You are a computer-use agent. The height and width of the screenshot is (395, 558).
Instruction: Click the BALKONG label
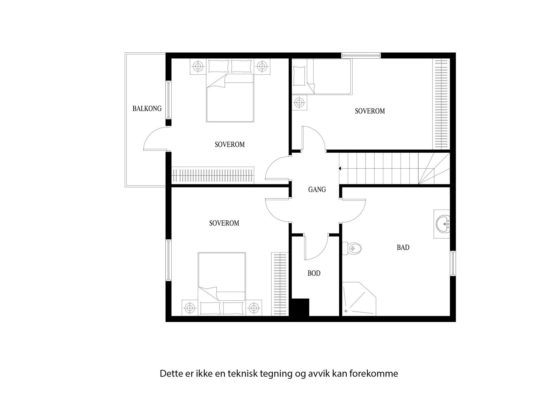coord(147,108)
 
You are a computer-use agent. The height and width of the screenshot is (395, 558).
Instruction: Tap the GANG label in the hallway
coord(317,190)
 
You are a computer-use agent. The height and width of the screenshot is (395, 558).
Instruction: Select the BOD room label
coord(314,273)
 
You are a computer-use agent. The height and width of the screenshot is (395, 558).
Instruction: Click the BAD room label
coord(403,247)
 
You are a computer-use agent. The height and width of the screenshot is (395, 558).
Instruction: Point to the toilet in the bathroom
coord(353,248)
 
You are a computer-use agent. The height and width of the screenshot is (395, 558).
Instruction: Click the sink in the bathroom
coord(443,224)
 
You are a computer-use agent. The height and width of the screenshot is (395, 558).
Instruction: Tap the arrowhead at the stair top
coord(339,169)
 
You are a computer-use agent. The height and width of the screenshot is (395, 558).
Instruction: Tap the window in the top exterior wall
coord(361,55)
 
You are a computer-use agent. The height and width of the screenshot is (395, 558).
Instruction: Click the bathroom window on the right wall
coord(453,263)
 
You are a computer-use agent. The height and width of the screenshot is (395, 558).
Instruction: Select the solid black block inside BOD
coord(300,307)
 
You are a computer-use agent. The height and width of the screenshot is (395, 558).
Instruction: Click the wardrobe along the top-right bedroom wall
coord(441,104)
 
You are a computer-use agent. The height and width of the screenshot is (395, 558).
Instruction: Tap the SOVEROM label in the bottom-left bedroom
coord(224,223)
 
